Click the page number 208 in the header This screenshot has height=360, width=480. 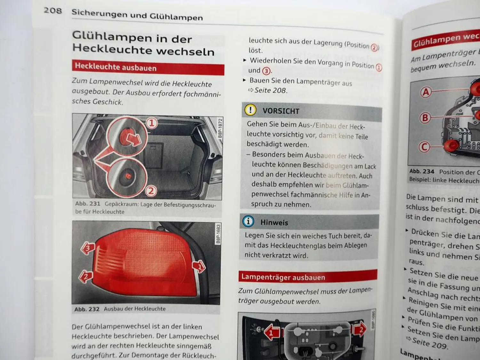pos(53,11)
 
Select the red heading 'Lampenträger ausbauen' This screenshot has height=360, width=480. pos(283,277)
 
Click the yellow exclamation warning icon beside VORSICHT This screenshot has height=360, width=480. pos(250,110)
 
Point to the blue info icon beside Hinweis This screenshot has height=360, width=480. pos(248,221)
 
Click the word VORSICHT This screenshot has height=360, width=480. pos(281,111)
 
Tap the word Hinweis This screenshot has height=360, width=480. pos(274,222)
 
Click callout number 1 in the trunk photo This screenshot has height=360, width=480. pos(152,123)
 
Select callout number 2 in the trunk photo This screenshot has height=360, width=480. pos(151,191)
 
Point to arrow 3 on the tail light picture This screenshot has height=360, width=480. pos(88,248)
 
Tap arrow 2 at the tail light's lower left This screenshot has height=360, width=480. pos(85,276)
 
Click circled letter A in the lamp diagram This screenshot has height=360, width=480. pos(426,92)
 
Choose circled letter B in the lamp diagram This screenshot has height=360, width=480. pos(425,118)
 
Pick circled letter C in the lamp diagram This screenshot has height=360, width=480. pos(424,147)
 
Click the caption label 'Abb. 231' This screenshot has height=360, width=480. pos(88,204)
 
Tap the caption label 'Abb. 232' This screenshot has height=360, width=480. pos(87,309)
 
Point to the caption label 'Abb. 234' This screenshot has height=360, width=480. pos(422,172)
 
